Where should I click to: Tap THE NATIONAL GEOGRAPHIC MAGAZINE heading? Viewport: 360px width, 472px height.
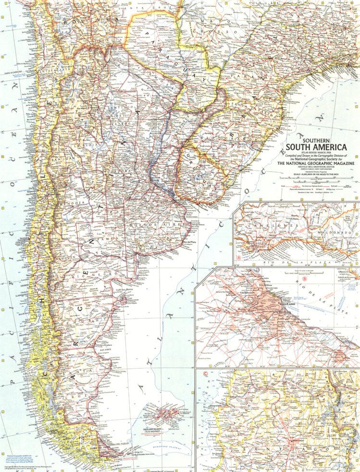pyautogui.click(x=318, y=164)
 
